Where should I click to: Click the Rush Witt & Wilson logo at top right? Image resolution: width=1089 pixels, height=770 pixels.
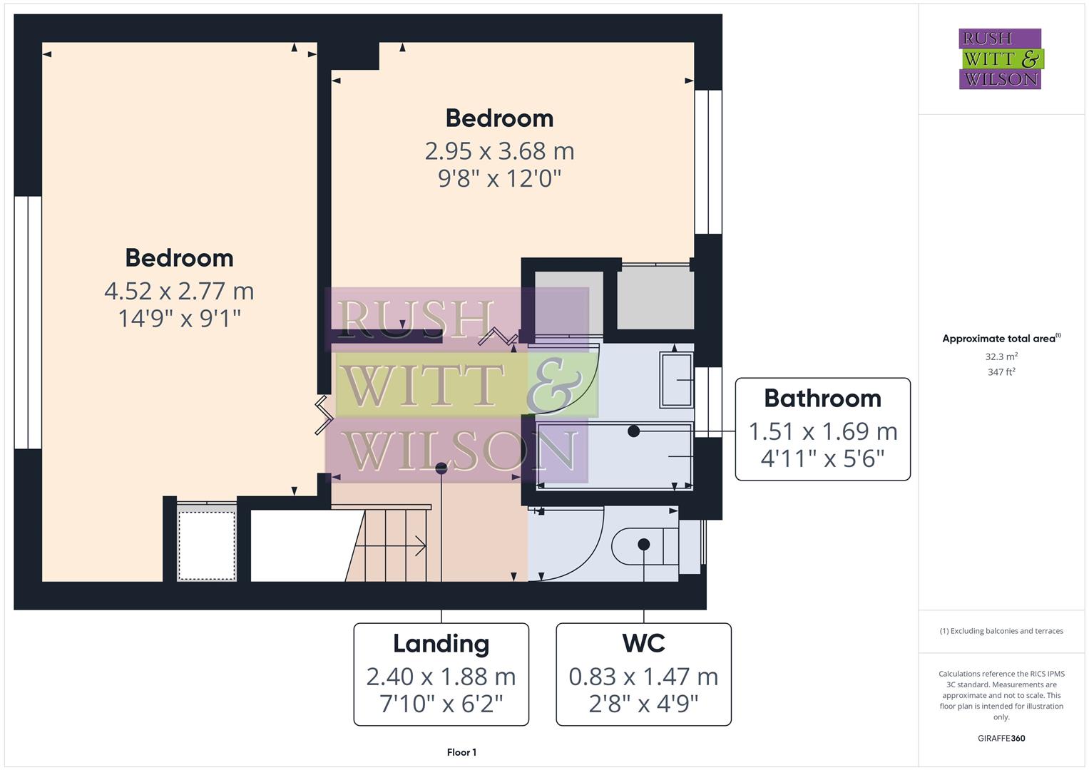[1000, 58]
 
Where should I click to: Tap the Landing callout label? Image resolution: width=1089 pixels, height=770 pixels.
[441, 644]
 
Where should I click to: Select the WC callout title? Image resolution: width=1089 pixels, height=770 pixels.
[643, 644]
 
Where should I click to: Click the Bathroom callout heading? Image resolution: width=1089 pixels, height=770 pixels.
[822, 399]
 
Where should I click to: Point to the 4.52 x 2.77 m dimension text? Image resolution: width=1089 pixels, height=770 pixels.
[179, 291]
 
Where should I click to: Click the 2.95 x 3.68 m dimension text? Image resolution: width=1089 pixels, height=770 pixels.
[499, 151]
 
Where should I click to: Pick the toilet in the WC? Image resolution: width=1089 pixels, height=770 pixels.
[638, 545]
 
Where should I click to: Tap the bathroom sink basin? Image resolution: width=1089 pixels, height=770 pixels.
[676, 380]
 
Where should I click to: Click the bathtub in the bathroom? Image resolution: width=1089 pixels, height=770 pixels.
[613, 455]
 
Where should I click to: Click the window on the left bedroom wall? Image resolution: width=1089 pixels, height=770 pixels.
[28, 322]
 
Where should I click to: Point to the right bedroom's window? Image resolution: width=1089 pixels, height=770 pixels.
[708, 162]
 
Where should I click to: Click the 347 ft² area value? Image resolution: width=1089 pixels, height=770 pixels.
[1001, 372]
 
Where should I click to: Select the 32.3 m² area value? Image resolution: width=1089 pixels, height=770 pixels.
[1001, 356]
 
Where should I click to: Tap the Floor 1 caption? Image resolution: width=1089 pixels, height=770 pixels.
[461, 752]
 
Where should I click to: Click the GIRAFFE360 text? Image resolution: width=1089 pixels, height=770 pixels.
[1001, 739]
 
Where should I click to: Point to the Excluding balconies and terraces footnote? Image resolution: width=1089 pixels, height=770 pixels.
[1001, 631]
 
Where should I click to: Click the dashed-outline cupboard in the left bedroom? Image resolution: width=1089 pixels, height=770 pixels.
[207, 545]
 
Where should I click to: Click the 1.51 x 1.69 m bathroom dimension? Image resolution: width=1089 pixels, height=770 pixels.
[822, 431]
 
